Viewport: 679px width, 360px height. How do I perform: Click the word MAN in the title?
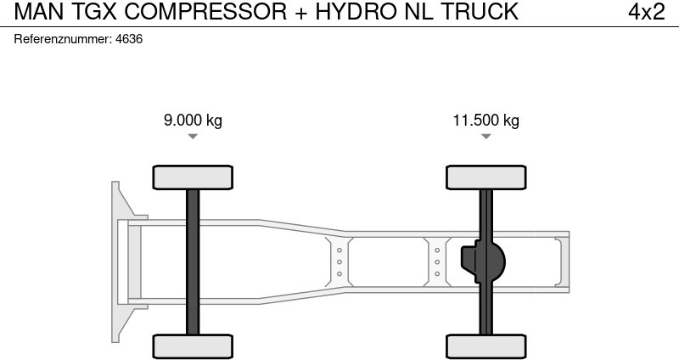[x=39, y=12]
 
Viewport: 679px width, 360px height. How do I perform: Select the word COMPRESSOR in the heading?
[x=205, y=12]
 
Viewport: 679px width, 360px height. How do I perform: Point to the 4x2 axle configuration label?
[x=647, y=12]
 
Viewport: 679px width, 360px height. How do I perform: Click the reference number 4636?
[x=129, y=39]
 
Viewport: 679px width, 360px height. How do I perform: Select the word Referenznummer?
[x=63, y=39]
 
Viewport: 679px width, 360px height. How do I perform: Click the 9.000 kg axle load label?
[x=193, y=120]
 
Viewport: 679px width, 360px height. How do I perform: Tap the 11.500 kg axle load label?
[x=485, y=120]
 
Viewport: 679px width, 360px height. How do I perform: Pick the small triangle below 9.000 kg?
[x=193, y=137]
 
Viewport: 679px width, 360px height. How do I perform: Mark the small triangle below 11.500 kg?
[x=485, y=137]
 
